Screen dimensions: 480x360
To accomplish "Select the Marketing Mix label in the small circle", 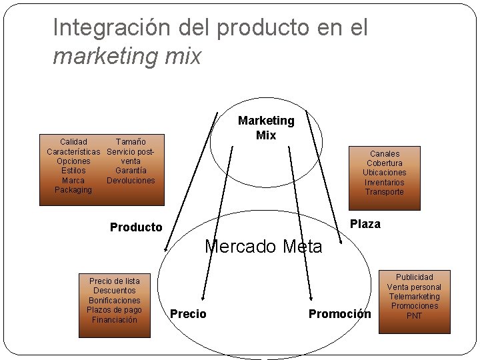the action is (266, 127).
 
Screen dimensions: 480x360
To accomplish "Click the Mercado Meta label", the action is (263, 247).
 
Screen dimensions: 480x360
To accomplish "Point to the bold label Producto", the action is (136, 227).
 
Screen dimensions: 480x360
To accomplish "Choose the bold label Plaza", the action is (365, 224).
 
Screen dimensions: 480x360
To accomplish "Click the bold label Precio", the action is (188, 314).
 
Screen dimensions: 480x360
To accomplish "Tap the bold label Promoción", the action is (339, 314).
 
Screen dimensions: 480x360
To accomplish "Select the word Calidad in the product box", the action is (73, 142).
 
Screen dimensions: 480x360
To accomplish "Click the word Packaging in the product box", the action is (73, 190).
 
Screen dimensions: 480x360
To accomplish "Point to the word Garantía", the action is (131, 171).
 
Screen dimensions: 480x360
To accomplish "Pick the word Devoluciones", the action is (131, 181).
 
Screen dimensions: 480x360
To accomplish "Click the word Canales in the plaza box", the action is (385, 154).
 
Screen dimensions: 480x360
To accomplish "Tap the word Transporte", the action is (385, 192).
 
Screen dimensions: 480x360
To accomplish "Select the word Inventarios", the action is (385, 183).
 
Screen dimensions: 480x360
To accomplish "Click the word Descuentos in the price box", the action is (114, 291).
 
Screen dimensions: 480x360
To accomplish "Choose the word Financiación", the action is (114, 320).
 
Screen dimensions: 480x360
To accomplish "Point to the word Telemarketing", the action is (415, 297).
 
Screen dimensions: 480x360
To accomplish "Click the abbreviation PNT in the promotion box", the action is (415, 316).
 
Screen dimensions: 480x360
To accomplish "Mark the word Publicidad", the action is (415, 277).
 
